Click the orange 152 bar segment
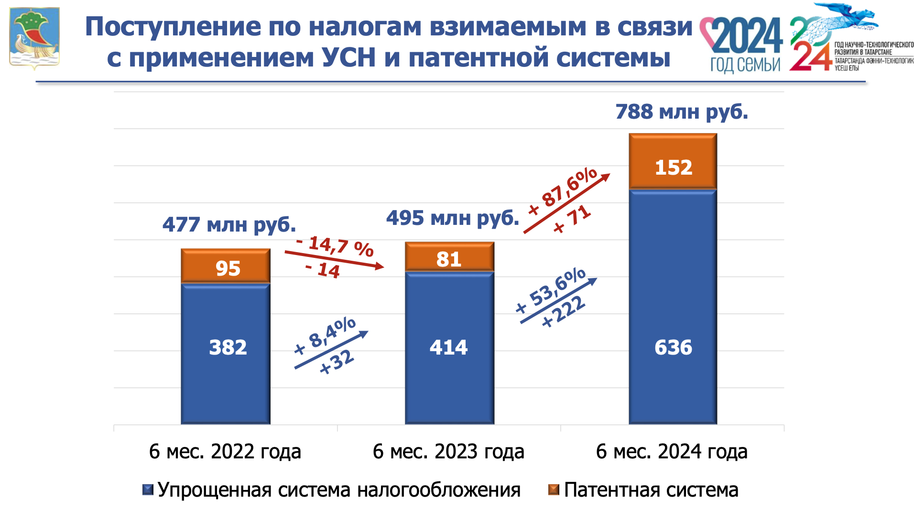(673, 161)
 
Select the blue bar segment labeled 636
(673, 306)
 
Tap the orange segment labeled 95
(226, 267)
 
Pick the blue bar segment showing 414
(449, 347)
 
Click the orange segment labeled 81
(449, 257)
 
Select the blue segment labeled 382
(226, 353)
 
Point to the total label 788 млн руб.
(681, 112)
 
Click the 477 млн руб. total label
(229, 224)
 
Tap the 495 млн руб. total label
(452, 218)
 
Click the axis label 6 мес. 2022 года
(225, 452)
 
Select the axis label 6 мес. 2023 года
(448, 452)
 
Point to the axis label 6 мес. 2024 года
(672, 452)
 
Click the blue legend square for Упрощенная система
(148, 490)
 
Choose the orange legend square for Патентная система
(554, 490)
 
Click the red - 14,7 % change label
(335, 246)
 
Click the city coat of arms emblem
(34, 38)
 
